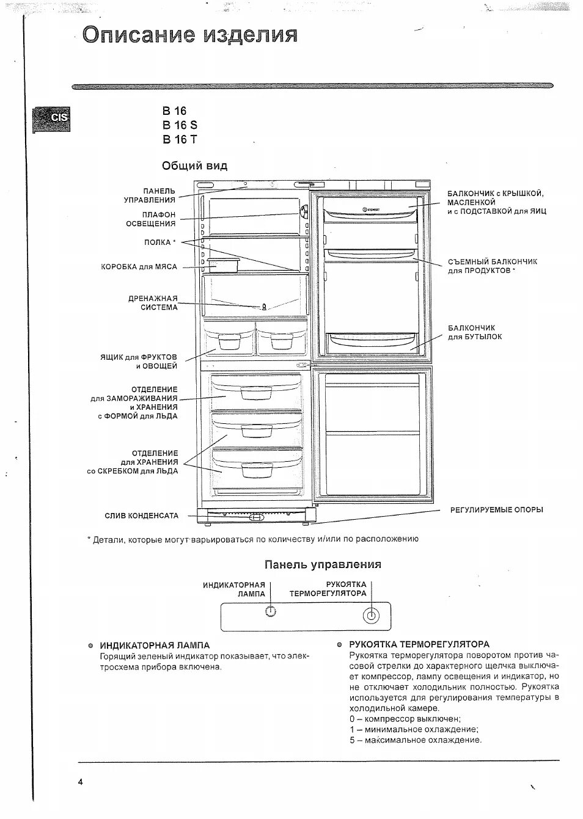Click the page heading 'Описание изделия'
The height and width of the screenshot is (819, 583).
[190, 35]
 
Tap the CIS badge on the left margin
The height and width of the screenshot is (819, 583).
[53, 118]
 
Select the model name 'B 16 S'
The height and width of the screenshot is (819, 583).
[180, 125]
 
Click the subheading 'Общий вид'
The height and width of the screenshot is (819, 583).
[194, 166]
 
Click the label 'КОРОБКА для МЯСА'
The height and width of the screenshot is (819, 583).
[139, 267]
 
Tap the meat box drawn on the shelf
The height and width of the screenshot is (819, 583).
[222, 266]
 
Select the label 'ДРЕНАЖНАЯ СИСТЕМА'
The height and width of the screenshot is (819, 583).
[153, 303]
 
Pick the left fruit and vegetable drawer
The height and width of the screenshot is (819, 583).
[229, 341]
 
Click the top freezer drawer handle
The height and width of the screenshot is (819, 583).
[256, 393]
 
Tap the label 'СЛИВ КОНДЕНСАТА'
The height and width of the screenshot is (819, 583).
[142, 516]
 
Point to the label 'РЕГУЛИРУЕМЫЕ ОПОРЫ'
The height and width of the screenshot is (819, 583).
[496, 510]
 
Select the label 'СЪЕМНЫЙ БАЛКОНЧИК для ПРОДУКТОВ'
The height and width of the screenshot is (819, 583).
[492, 266]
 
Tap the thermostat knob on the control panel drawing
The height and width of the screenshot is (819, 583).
[370, 616]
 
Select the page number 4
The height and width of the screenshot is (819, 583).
[80, 782]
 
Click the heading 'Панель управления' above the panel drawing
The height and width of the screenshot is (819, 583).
[323, 564]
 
